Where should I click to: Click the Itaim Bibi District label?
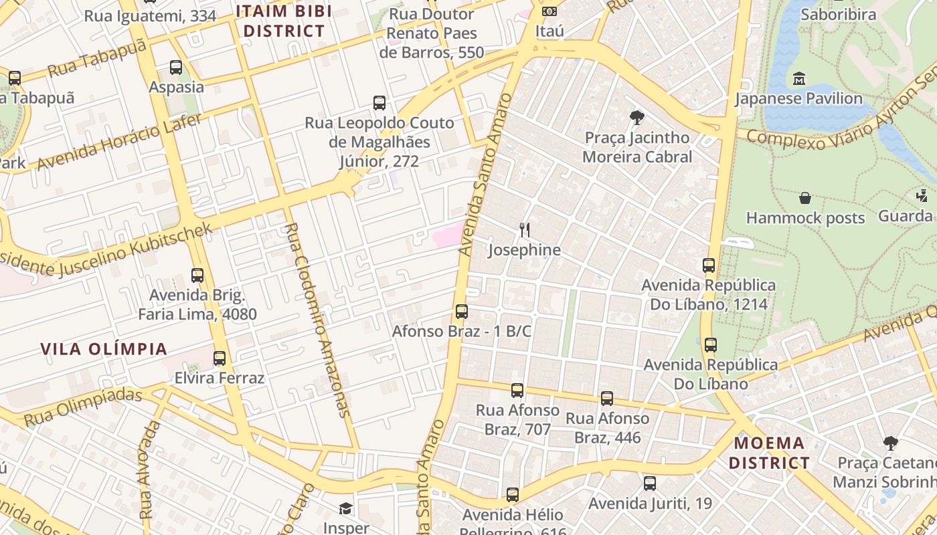click(284, 21)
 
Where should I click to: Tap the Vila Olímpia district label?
click(104, 349)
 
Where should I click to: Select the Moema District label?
click(769, 453)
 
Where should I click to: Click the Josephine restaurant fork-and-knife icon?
click(525, 230)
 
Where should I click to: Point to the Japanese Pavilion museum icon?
click(798, 79)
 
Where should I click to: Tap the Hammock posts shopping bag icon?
click(805, 198)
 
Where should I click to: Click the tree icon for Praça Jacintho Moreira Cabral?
click(637, 118)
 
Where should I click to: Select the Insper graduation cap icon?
click(345, 509)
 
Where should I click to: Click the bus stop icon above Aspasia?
click(176, 68)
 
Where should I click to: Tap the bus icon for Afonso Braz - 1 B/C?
click(462, 312)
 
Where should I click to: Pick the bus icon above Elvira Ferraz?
click(220, 358)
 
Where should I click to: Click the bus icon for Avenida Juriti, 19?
click(650, 484)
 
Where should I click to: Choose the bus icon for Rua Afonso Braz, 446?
click(607, 399)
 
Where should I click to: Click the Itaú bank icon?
click(549, 11)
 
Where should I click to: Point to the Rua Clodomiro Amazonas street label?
click(318, 320)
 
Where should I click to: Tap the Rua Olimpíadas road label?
click(83, 407)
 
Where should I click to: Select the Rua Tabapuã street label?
click(96, 58)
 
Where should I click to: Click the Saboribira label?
click(838, 15)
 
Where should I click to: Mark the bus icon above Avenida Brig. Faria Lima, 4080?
click(197, 276)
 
